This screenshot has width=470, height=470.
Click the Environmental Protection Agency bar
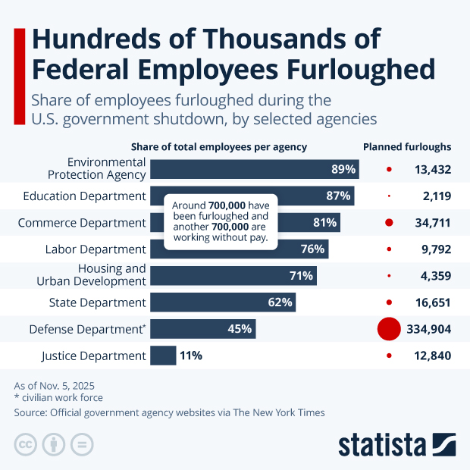[x=254, y=169]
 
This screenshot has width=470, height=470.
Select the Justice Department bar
[x=163, y=355]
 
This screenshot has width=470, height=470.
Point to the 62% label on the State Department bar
[x=280, y=302]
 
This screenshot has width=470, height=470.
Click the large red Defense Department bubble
[x=388, y=328]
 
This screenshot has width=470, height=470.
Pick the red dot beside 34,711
[x=389, y=222]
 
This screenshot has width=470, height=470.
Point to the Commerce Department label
[x=81, y=222]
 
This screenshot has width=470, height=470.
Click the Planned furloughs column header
[x=407, y=147]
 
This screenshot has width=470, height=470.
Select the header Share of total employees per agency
[x=219, y=147]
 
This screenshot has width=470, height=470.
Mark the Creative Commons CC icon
[x=25, y=444]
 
